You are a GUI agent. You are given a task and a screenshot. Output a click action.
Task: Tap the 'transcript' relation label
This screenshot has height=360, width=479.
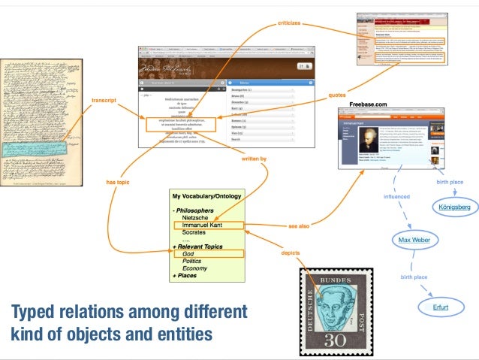[103, 100]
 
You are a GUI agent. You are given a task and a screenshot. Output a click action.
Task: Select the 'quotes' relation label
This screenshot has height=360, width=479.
[337, 95]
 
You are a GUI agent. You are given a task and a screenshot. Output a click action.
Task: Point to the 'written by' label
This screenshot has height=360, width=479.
[254, 159]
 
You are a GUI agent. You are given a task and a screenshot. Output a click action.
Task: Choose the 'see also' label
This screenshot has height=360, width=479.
[299, 225]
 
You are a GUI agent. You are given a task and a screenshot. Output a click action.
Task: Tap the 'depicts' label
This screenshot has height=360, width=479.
[291, 253]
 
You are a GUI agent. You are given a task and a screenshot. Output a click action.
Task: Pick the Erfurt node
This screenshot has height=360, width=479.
[440, 307]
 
